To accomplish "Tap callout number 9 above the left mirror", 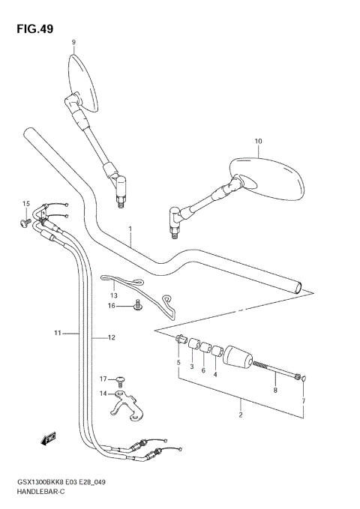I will pos(73,43).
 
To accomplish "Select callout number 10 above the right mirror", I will pos(259,141).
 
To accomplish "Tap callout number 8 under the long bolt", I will pos(275,390).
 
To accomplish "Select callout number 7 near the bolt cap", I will pos(304,402).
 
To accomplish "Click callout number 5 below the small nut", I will pos(178,363).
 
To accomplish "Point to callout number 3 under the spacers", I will pos(191,367).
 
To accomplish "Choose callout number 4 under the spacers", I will pos(215,374).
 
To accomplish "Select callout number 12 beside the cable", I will pos(110,338).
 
